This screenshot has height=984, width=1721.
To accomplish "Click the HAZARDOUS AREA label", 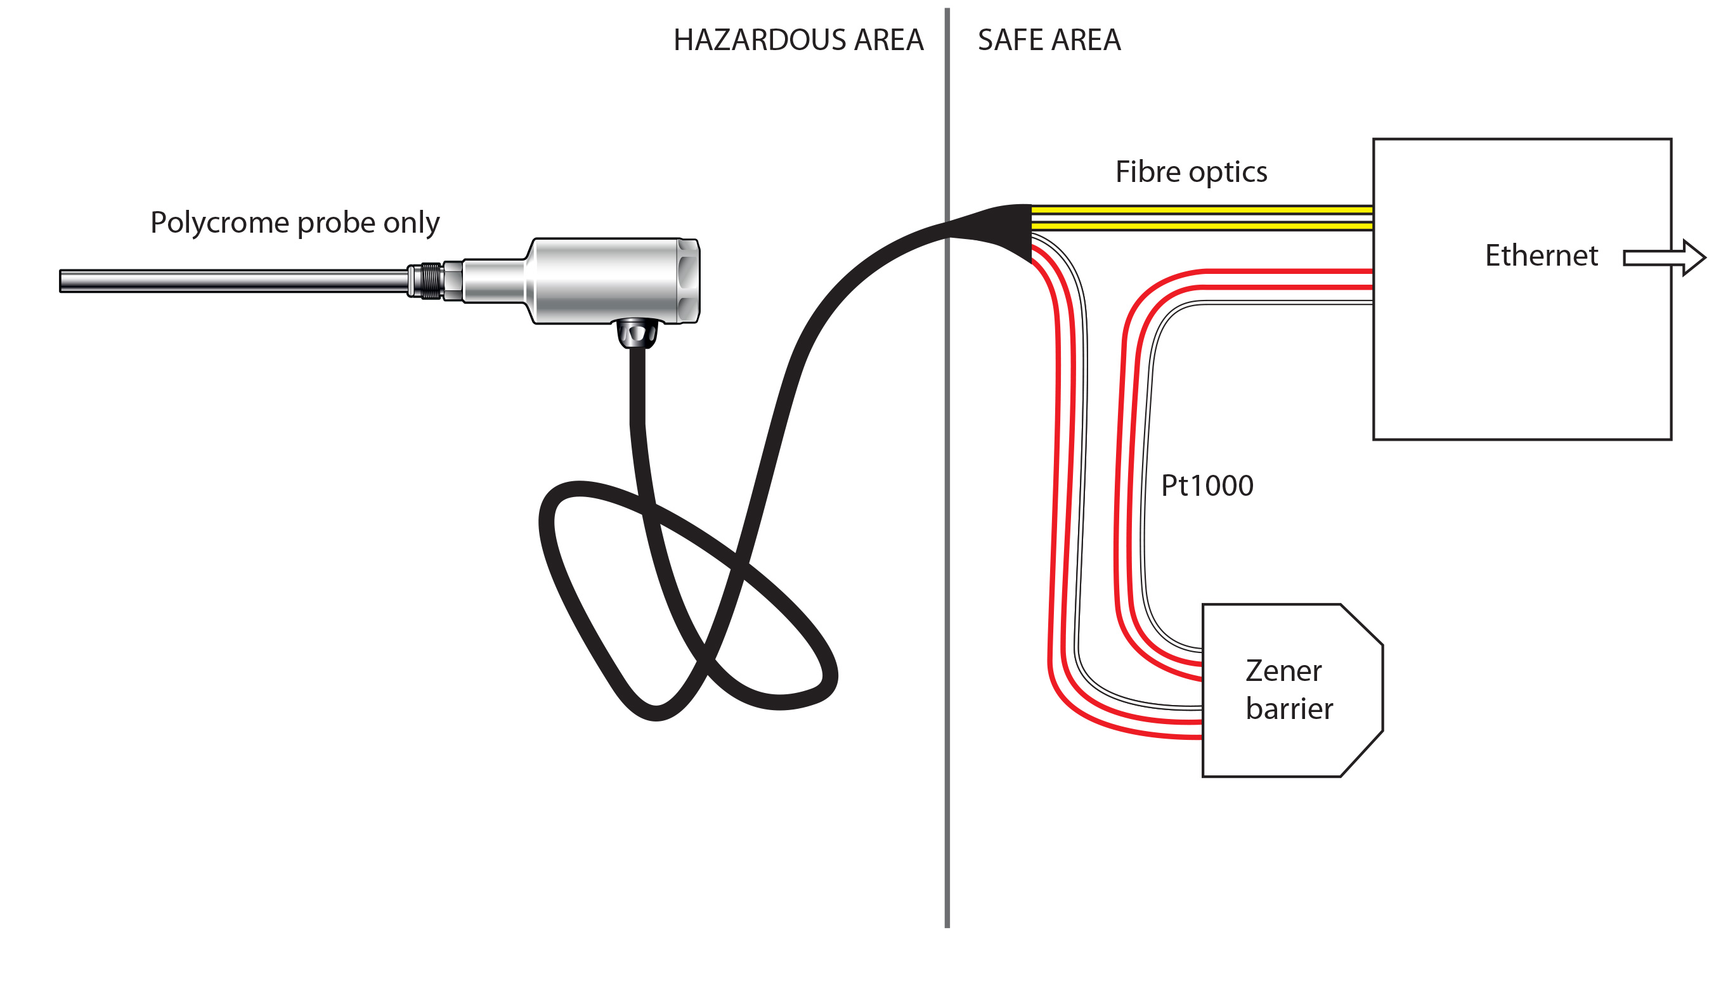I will (x=798, y=40).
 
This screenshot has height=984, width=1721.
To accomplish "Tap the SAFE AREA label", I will (x=1048, y=40).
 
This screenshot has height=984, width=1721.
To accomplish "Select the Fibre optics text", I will (x=1190, y=172).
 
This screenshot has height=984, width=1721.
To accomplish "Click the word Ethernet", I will (x=1540, y=256).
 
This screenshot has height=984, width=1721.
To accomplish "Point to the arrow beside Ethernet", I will (x=1663, y=257).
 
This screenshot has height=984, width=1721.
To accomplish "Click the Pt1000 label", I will (x=1207, y=485).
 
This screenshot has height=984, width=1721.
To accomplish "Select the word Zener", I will (x=1283, y=670).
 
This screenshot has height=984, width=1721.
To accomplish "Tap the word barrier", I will (x=1289, y=709).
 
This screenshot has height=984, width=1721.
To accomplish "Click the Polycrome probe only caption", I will (x=295, y=223).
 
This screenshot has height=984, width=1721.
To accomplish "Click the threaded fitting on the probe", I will (x=431, y=281).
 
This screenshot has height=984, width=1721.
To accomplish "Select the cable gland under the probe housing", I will (x=637, y=333).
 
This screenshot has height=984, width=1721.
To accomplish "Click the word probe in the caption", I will (x=337, y=223).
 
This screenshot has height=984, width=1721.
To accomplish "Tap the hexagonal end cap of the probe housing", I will (x=688, y=280).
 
